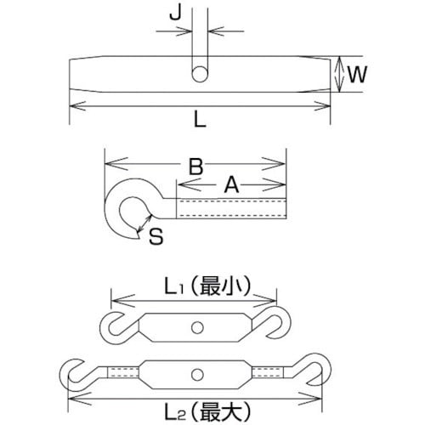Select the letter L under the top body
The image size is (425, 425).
pos(199,122)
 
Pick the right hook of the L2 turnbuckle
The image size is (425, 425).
pos(317,371)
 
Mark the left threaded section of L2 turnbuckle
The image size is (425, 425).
pos(121,371)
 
